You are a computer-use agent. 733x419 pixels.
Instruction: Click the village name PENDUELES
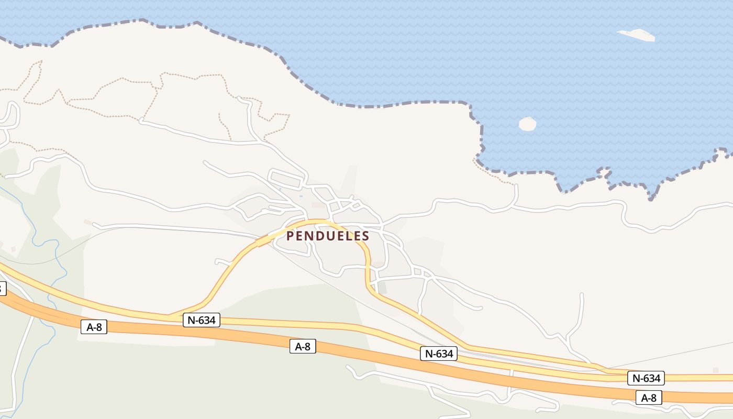coord(328,236)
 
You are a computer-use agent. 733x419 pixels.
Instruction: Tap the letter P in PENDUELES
coord(291,236)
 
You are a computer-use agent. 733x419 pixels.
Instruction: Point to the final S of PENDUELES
coord(365,236)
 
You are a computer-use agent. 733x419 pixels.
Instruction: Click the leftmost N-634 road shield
coord(201,320)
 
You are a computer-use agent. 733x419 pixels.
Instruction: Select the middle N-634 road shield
coord(438,354)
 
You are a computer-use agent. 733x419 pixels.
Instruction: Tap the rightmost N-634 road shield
coord(646,378)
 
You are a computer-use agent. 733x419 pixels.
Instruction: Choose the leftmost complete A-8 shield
coord(94,327)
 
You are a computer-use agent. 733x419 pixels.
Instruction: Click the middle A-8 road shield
coord(303,346)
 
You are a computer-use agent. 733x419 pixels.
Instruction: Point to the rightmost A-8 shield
coord(649,398)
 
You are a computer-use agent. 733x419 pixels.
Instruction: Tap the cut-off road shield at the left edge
coord(2,288)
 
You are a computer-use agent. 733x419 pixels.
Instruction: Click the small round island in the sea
coord(527,124)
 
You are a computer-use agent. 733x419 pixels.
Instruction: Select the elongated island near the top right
coord(637,35)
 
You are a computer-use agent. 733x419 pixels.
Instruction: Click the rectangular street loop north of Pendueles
coord(285,179)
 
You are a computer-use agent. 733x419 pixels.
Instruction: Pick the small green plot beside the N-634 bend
coord(382,288)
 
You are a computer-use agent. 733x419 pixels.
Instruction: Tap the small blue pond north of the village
coord(301,196)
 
